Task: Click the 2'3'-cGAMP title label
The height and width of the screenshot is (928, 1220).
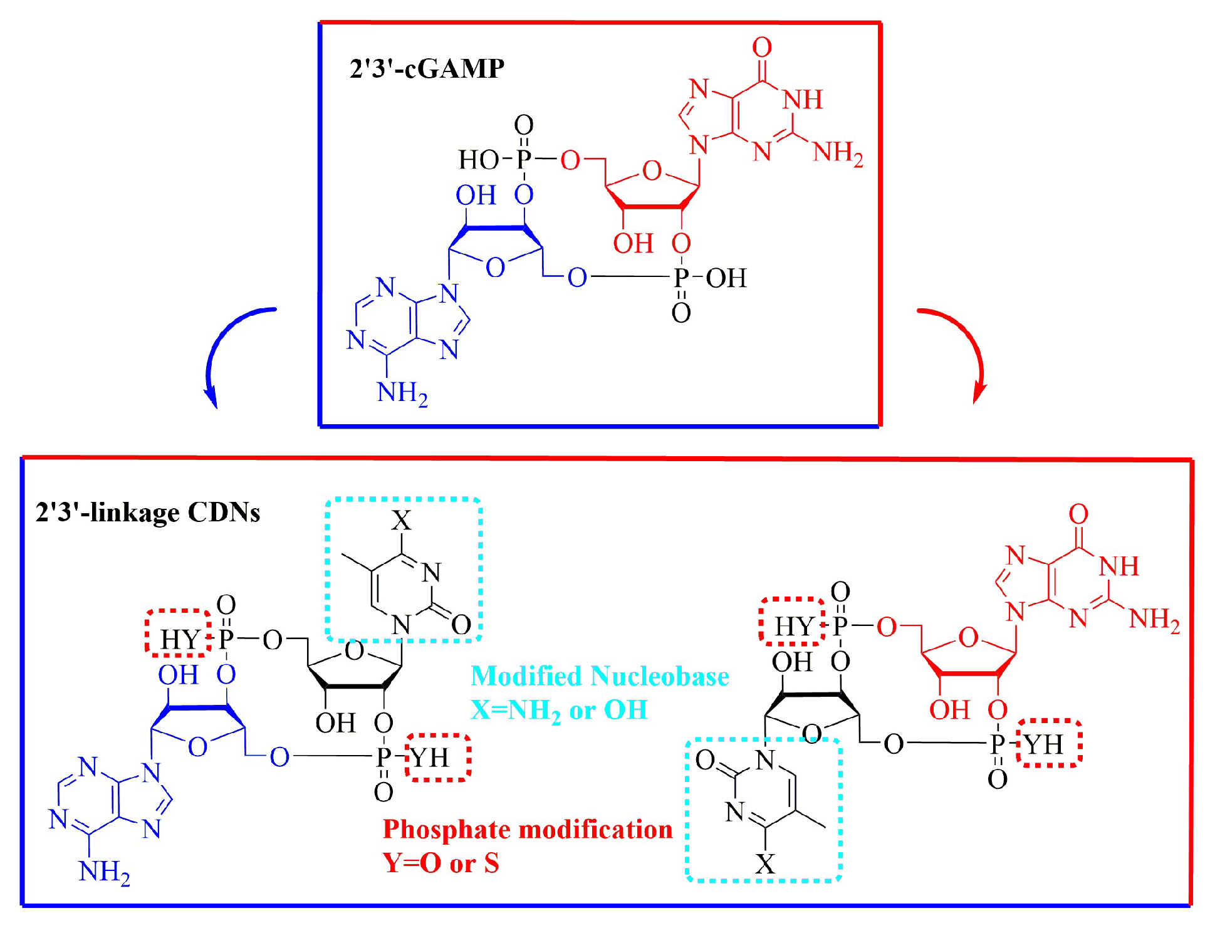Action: [x=427, y=68]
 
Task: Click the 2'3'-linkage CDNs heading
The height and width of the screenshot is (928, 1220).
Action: [x=148, y=513]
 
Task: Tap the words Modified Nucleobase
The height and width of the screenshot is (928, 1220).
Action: [x=600, y=677]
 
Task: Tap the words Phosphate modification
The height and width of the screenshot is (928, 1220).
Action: [x=528, y=830]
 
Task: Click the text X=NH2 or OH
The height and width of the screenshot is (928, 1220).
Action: [x=559, y=711]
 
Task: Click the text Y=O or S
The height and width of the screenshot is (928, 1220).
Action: [x=441, y=863]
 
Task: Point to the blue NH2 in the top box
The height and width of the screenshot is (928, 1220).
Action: [x=402, y=394]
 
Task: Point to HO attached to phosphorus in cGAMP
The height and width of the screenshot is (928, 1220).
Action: [x=478, y=160]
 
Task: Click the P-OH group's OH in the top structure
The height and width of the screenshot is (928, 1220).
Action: [x=726, y=278]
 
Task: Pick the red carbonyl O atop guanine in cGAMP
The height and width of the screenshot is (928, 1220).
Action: [x=762, y=47]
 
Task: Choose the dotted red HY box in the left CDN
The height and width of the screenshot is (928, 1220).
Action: [x=179, y=633]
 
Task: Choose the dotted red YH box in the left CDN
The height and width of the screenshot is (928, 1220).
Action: [x=438, y=758]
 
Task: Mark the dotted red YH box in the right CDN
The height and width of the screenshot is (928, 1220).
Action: [x=1049, y=743]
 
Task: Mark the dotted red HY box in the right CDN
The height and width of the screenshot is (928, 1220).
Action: [x=793, y=621]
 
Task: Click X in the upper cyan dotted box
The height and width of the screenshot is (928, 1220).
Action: [x=402, y=520]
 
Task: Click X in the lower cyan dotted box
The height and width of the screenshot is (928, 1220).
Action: [x=765, y=864]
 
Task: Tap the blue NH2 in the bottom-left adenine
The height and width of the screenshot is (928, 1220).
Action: [x=104, y=872]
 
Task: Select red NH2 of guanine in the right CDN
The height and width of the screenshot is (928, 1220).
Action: [x=1154, y=620]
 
